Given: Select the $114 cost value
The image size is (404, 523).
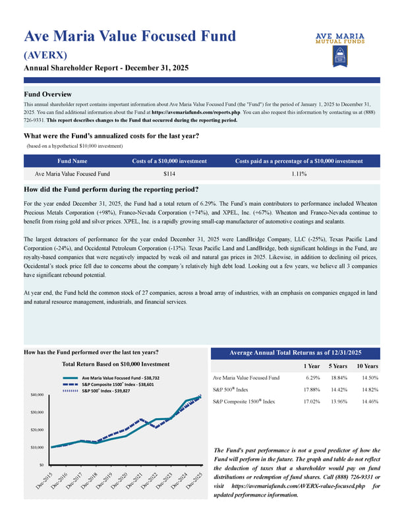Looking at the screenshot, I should (x=169, y=174).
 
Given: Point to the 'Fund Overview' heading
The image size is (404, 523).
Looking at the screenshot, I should (x=47, y=94).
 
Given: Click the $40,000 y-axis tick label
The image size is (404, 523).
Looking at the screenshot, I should (x=37, y=395).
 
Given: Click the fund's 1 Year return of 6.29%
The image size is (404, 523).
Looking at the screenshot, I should (x=312, y=378).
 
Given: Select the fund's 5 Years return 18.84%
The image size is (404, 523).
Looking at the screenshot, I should (x=338, y=378).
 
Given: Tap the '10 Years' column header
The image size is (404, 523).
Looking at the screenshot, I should (x=366, y=366).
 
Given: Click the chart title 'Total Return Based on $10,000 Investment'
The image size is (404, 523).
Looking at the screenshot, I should (x=115, y=364).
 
